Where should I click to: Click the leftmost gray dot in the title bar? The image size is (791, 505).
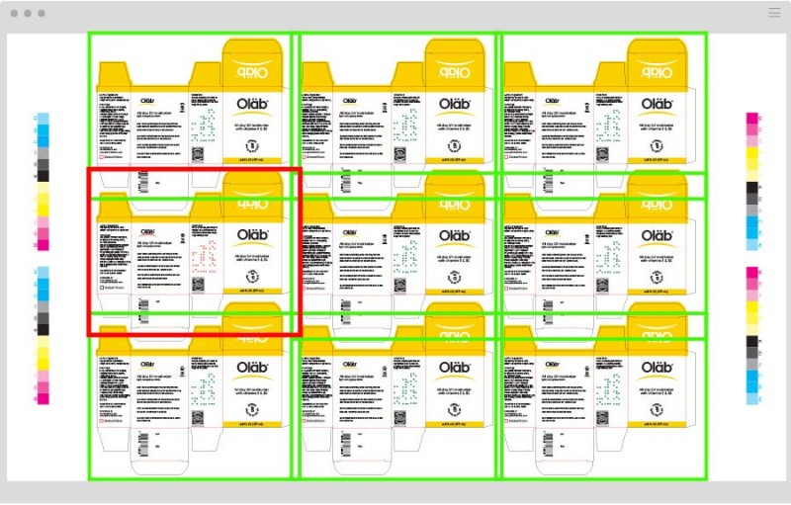13,13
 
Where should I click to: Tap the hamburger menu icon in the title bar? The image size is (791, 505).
774,13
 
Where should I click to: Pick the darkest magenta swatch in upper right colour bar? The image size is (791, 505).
752,120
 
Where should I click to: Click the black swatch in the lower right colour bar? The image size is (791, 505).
752,341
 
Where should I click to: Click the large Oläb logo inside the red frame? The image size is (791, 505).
257,235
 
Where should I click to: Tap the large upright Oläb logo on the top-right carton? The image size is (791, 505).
658,104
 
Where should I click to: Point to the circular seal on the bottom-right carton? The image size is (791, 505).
658,405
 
